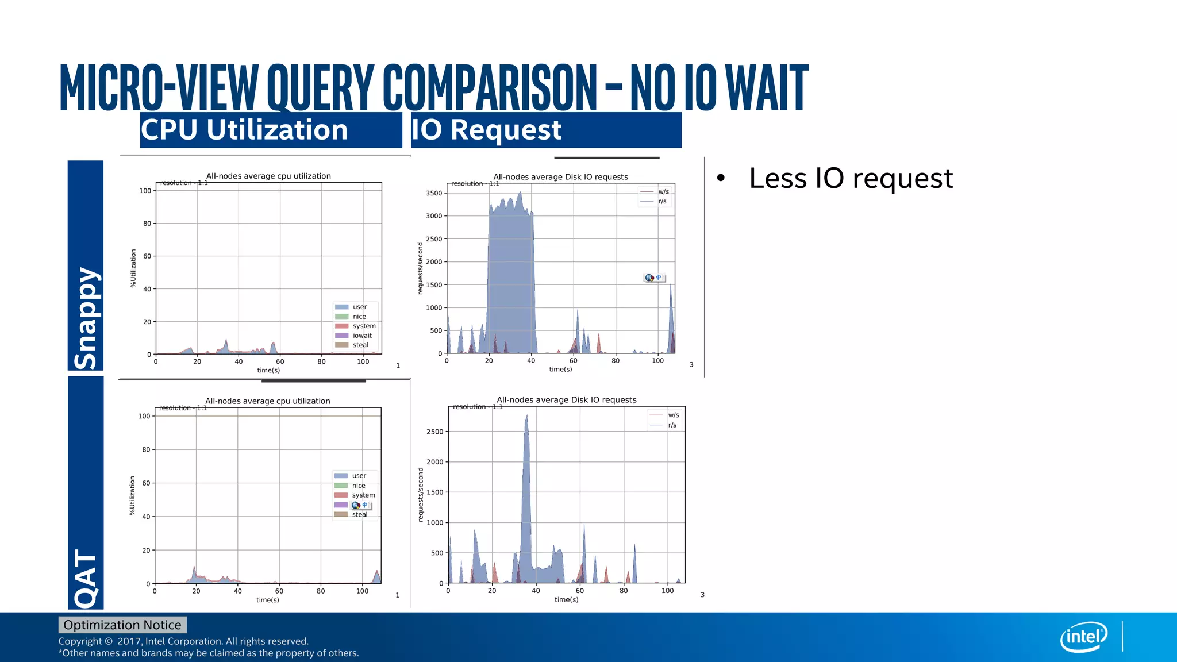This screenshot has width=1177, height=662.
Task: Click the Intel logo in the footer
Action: (x=1084, y=637)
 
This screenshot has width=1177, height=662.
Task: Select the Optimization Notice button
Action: (x=122, y=625)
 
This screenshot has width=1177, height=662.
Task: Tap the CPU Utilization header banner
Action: (x=271, y=130)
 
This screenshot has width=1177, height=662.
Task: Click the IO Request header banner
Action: (x=545, y=130)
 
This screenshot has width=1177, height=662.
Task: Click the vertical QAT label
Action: (x=86, y=578)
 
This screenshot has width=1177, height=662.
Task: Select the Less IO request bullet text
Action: (x=851, y=178)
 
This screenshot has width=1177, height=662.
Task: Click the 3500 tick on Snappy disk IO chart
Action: (x=434, y=193)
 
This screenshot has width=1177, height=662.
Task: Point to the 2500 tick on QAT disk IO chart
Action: (x=434, y=432)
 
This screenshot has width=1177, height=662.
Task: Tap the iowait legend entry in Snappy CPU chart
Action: (x=361, y=336)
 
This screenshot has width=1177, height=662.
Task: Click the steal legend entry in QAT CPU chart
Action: (x=359, y=514)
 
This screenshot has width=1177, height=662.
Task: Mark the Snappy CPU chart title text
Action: (x=268, y=176)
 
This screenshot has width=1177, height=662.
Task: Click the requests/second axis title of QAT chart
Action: (x=421, y=494)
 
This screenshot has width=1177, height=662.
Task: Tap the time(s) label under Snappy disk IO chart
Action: (x=560, y=369)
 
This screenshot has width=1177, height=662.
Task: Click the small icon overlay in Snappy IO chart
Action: (x=654, y=278)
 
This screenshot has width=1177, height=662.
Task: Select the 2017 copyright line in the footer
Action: (x=183, y=641)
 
